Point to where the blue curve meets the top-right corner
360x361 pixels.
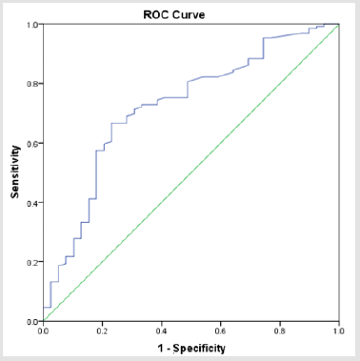pos(338,25)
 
